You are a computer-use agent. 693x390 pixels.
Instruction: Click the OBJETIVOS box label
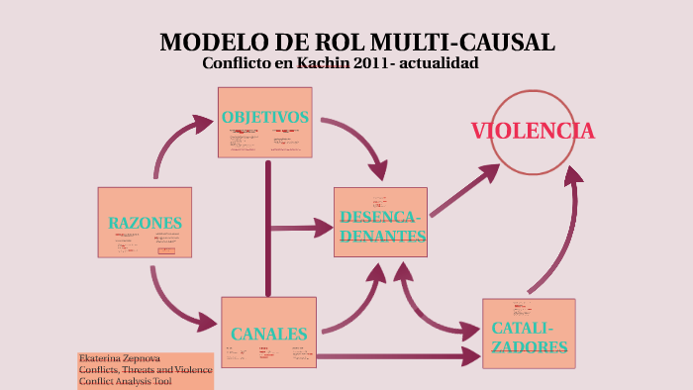265,117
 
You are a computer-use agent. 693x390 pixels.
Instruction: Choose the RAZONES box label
146,222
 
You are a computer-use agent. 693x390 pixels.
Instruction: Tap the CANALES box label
268,334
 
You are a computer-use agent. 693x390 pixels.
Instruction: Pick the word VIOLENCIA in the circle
533,131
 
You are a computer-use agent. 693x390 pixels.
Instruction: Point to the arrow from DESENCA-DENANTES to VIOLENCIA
463,188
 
